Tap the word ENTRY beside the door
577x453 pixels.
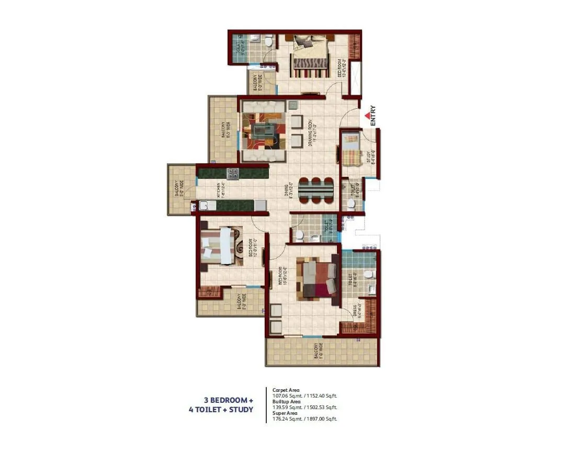click(373, 116)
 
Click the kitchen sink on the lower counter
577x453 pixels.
click(204, 206)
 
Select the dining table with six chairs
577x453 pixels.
click(316, 190)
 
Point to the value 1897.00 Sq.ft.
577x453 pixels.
click(323, 418)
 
